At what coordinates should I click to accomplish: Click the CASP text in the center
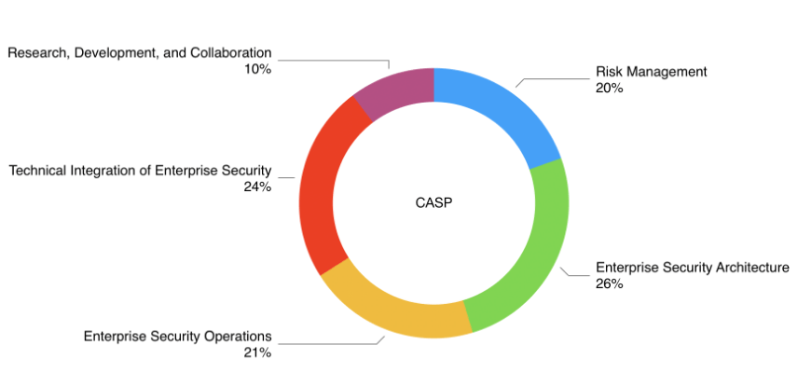[x=433, y=202]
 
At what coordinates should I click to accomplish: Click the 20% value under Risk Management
[x=609, y=88]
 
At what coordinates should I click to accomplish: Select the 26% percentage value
[x=609, y=284]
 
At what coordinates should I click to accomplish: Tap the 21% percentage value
[x=257, y=352]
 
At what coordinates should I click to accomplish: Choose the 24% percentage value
[x=257, y=186]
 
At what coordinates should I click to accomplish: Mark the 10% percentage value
[x=258, y=69]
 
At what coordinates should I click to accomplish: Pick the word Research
[x=32, y=53]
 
